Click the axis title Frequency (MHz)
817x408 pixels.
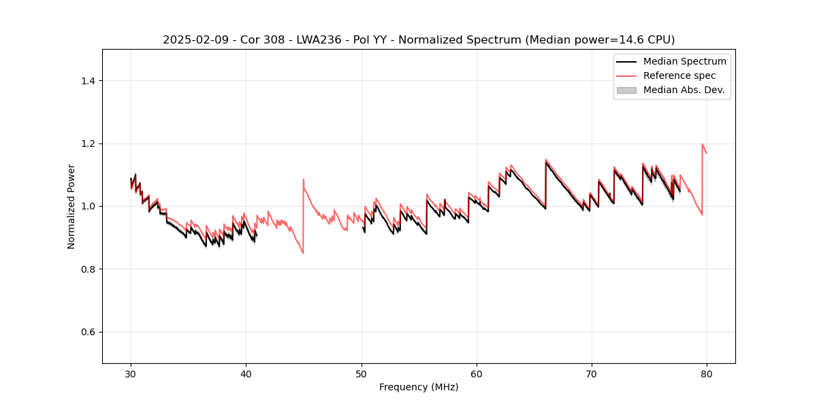click(419, 387)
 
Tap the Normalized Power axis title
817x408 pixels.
click(71, 206)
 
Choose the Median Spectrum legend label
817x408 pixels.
click(684, 61)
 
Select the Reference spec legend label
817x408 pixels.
click(679, 75)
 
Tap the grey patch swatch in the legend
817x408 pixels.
click(626, 90)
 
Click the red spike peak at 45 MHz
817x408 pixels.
click(304, 180)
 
